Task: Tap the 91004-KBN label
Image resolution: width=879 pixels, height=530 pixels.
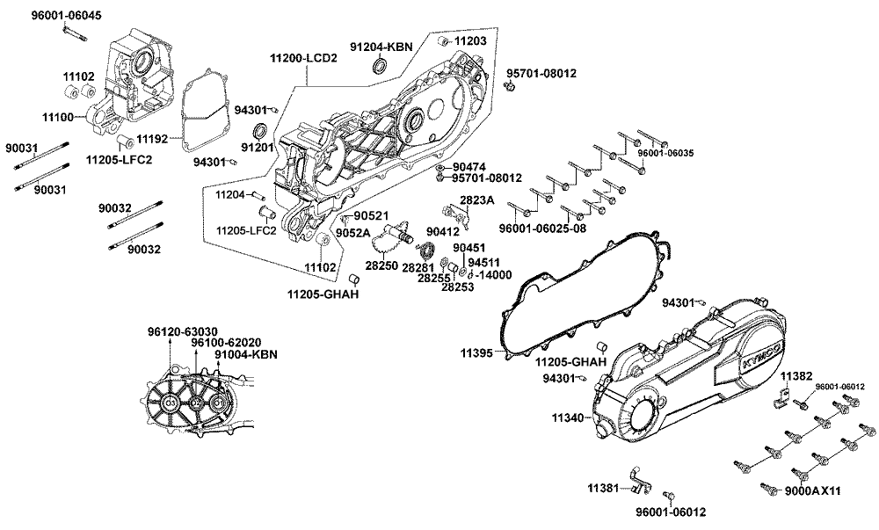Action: [246, 355]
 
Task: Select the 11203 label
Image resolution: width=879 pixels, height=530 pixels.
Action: [469, 40]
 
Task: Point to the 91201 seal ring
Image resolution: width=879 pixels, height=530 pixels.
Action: [260, 132]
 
